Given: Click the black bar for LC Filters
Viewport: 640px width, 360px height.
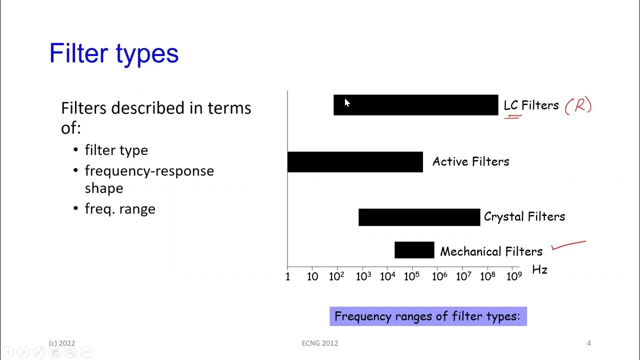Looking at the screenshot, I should tap(415, 105).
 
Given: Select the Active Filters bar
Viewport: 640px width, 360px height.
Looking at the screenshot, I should tap(355, 162).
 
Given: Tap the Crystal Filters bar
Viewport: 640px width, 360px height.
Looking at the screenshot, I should tap(419, 217).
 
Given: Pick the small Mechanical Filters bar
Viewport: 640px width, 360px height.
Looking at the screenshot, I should tap(414, 250).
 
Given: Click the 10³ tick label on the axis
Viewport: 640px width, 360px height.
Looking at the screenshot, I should tap(363, 276).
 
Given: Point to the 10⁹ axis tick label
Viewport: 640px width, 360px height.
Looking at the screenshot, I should tap(513, 276).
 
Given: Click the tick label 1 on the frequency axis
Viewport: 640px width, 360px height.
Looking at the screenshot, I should tap(287, 276).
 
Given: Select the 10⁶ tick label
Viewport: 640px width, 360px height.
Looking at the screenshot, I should tap(438, 276).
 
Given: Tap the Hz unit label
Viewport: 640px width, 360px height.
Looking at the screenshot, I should tap(539, 270).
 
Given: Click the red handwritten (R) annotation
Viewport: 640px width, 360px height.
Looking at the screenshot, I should tap(578, 106).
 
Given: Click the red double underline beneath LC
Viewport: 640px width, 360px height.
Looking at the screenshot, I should tap(512, 117).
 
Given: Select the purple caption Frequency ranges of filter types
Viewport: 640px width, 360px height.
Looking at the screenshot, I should tap(428, 316).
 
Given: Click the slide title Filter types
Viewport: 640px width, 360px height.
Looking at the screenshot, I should tap(114, 53).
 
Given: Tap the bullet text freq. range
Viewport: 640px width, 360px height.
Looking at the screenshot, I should tap(120, 208).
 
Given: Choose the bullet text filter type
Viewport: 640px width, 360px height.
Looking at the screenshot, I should tap(116, 150).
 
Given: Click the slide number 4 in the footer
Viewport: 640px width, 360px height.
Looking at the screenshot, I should tap(589, 343).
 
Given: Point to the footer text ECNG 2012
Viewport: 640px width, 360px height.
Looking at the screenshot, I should tap(320, 343).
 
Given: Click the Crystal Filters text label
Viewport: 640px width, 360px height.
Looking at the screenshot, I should tap(524, 216).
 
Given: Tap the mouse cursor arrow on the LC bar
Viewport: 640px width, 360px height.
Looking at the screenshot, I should tap(347, 102).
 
